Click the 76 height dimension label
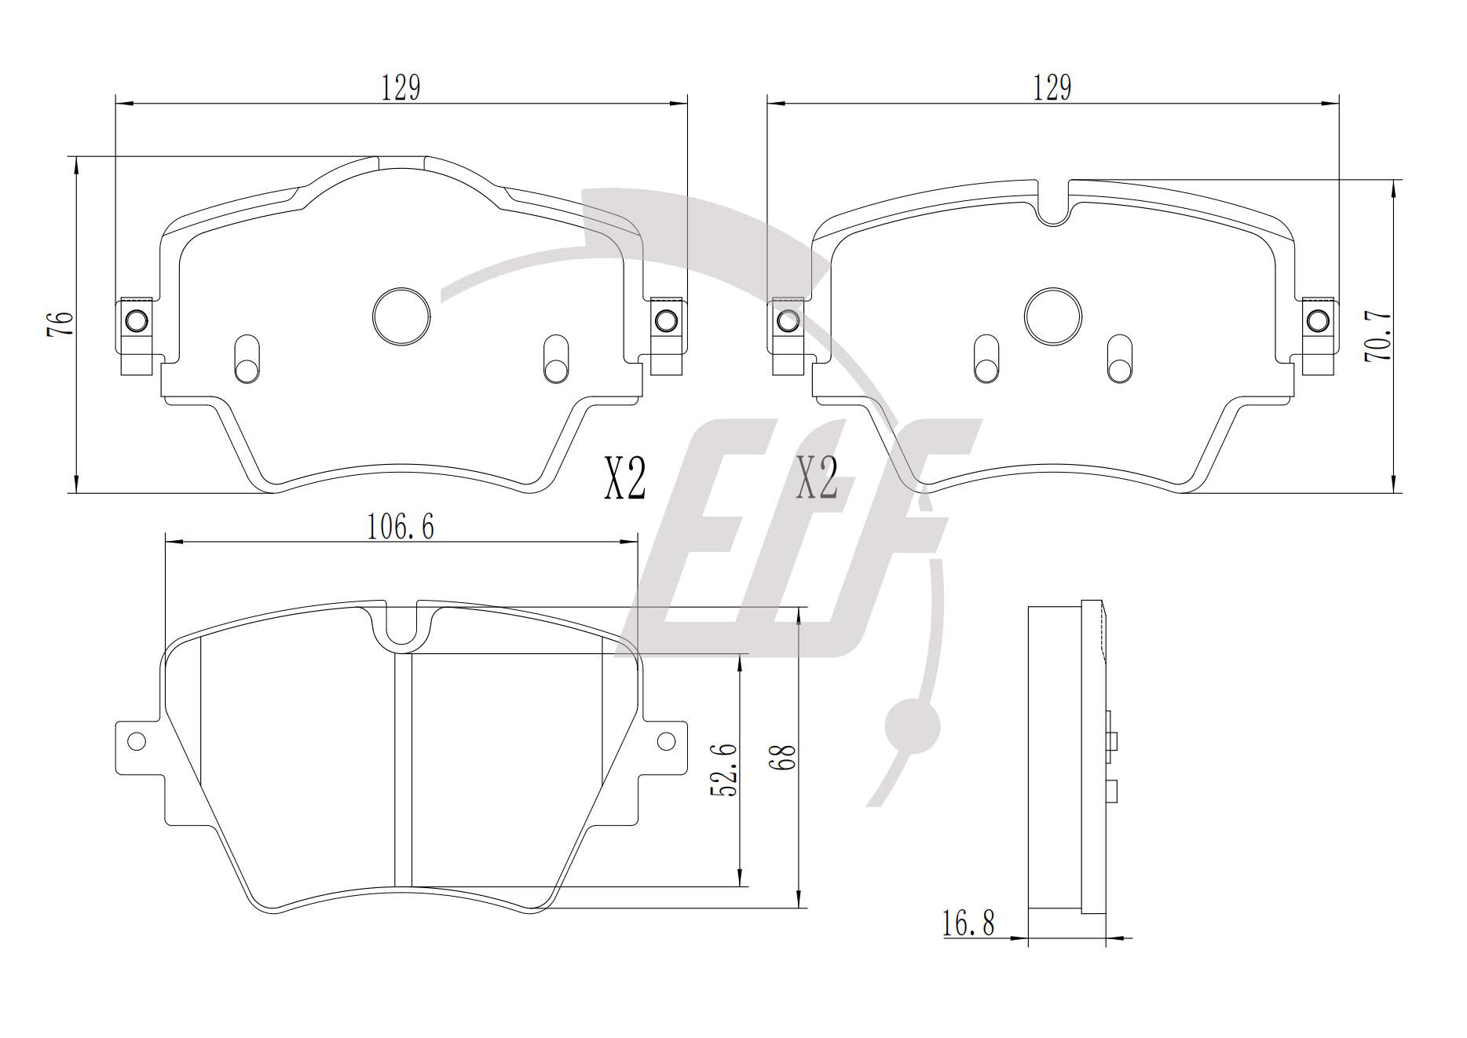pyautogui.click(x=60, y=324)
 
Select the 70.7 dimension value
pyautogui.click(x=1378, y=337)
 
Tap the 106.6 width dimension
pyautogui.click(x=401, y=527)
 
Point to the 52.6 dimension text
pyautogui.click(x=723, y=770)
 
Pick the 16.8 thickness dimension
pyautogui.click(x=968, y=923)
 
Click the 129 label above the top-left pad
pyautogui.click(x=401, y=87)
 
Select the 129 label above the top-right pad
pyautogui.click(x=1052, y=87)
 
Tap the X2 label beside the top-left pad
pyautogui.click(x=625, y=479)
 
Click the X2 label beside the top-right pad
pyautogui.click(x=817, y=479)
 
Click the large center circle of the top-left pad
pyautogui.click(x=401, y=316)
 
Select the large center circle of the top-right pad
pyautogui.click(x=1053, y=316)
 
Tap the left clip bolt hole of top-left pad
pyautogui.click(x=136, y=321)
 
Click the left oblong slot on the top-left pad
pyautogui.click(x=247, y=360)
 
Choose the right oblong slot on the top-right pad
pyautogui.click(x=1120, y=360)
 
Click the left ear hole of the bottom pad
pyautogui.click(x=137, y=741)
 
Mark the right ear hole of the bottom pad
pyautogui.click(x=666, y=741)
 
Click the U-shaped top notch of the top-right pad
pyautogui.click(x=1053, y=204)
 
